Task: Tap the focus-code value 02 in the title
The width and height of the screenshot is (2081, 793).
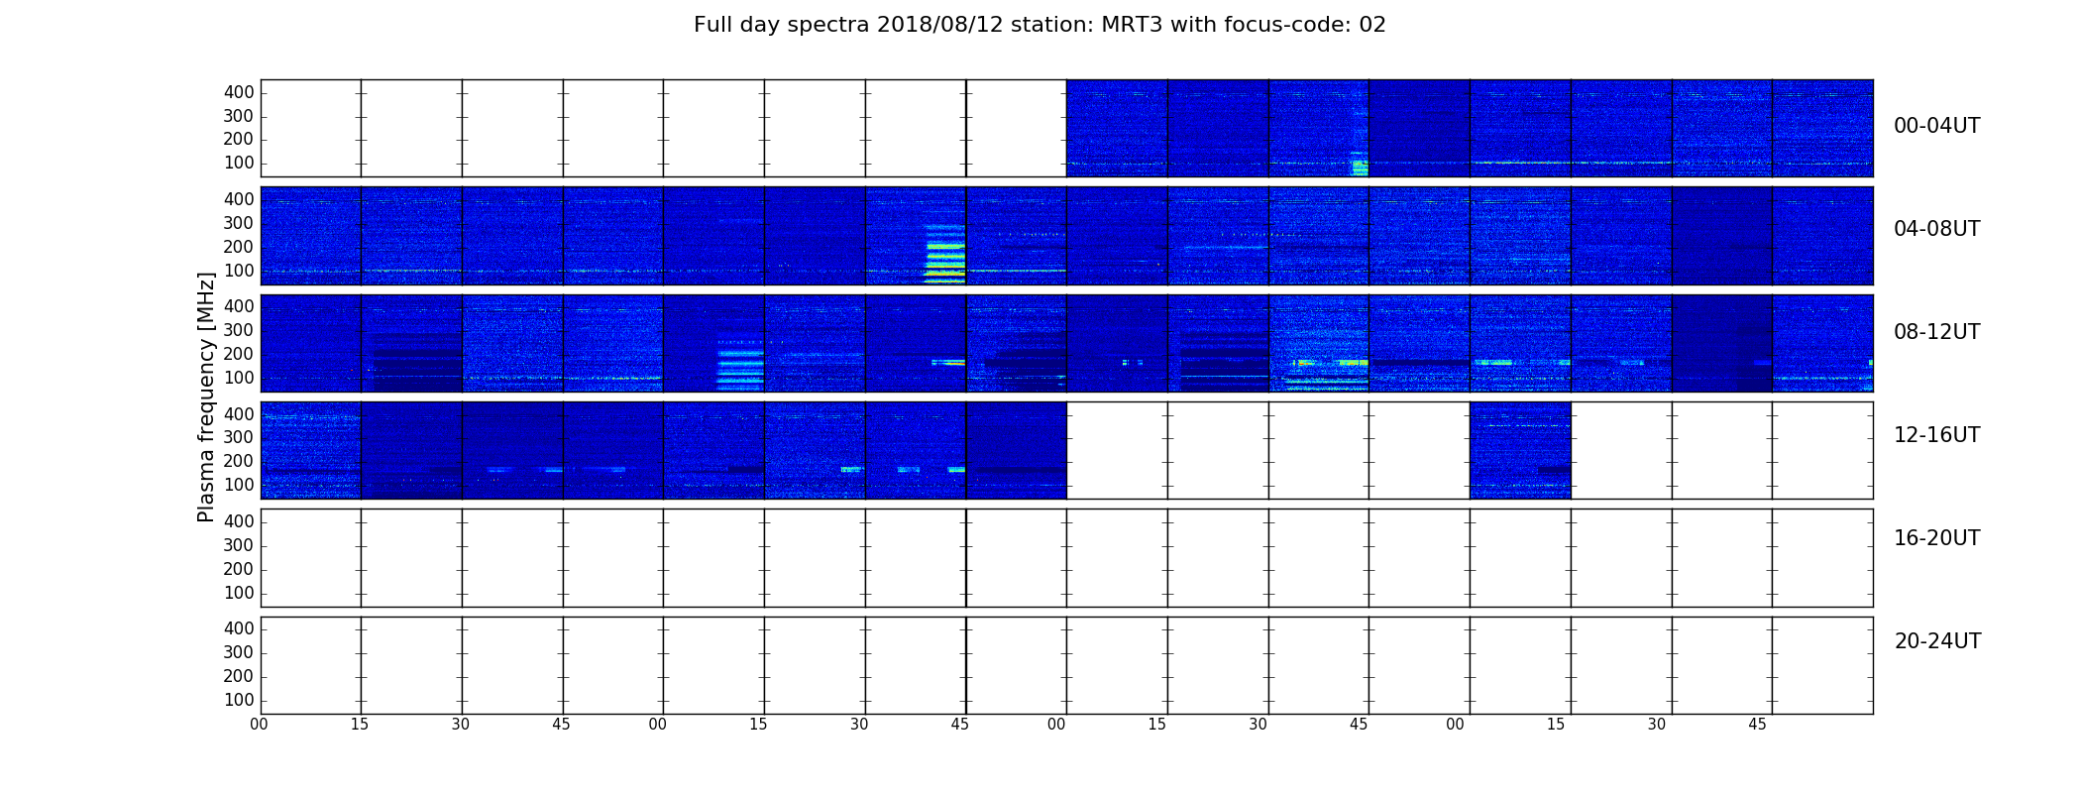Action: [1372, 25]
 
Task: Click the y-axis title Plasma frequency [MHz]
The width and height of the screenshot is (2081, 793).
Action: [206, 396]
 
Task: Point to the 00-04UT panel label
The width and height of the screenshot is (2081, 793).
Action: [1937, 126]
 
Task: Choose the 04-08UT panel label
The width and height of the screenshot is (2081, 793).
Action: [1937, 229]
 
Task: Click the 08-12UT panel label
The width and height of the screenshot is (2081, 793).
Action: [1937, 332]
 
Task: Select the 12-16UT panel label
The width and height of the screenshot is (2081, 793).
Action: [1937, 435]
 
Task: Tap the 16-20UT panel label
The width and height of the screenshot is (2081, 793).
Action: [1937, 538]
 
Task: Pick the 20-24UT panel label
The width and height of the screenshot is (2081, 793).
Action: [1937, 641]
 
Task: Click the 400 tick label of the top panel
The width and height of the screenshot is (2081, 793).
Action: [239, 92]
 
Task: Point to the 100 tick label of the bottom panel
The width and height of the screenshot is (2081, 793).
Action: [239, 700]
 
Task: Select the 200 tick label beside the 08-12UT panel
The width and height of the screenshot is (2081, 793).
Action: [239, 354]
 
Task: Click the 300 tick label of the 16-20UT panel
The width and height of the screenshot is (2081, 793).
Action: [239, 545]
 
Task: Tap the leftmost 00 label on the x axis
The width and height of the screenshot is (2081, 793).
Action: [259, 725]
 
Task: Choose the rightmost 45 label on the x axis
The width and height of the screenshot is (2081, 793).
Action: [1757, 725]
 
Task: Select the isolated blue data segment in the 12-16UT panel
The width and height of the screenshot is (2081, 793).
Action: [1520, 450]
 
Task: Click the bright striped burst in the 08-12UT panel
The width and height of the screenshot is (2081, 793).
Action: [741, 365]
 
